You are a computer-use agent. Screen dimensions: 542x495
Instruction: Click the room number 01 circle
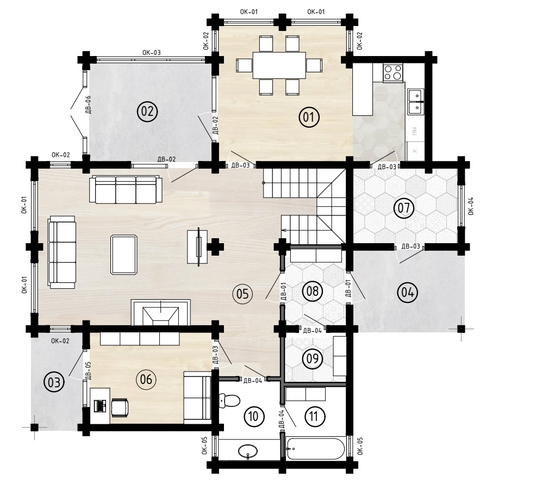309,117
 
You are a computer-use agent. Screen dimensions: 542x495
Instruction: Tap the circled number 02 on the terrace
147,112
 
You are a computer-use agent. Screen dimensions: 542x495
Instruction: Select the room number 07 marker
404,208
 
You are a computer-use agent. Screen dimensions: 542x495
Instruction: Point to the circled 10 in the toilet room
254,416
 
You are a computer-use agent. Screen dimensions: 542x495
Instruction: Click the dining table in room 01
279,65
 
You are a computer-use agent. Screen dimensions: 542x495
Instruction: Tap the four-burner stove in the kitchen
393,73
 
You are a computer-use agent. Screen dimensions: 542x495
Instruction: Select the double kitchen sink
415,102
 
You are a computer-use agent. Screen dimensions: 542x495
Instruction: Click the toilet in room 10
229,400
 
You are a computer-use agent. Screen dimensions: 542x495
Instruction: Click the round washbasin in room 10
248,451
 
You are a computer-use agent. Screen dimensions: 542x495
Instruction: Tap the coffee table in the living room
124,255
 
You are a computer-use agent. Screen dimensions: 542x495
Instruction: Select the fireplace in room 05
161,312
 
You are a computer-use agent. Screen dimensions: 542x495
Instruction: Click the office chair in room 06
120,406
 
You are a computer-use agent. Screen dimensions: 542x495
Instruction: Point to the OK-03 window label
151,53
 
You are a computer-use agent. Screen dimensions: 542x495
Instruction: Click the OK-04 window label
471,206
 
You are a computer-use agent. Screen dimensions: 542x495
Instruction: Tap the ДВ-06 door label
88,104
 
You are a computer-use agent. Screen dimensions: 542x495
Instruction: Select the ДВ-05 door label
88,370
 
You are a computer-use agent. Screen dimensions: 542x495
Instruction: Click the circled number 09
313,358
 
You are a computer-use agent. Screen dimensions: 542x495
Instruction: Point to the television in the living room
199,246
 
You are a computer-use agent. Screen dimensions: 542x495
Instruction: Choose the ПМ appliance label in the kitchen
415,131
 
